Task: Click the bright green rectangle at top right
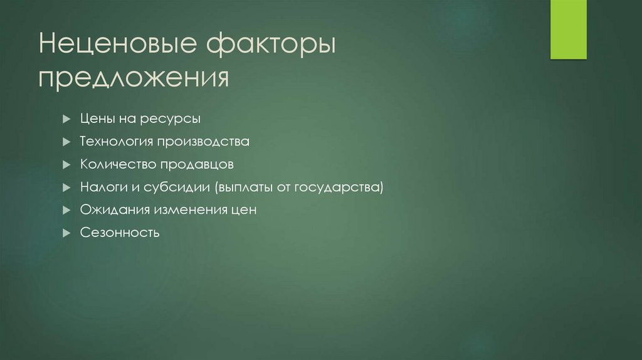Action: click(568, 29)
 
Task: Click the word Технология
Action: click(117, 142)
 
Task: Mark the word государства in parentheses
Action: click(344, 188)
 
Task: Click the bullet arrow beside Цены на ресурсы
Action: click(66, 119)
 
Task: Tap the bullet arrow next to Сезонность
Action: click(66, 233)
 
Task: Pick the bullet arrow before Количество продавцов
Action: click(66, 165)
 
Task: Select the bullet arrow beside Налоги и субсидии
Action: click(66, 188)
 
